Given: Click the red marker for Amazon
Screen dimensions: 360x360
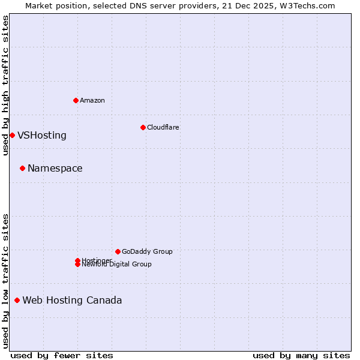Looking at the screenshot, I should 76,100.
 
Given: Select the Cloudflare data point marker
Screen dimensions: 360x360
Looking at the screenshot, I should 143,127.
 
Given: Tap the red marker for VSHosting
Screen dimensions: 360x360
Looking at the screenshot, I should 12,135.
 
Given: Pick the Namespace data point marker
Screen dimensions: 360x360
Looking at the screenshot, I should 22,168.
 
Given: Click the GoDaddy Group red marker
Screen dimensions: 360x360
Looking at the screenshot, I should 118,251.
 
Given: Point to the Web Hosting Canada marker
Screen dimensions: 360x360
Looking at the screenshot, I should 17,300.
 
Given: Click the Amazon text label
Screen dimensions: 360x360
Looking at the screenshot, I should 92,100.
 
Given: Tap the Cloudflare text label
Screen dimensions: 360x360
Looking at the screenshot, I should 163,127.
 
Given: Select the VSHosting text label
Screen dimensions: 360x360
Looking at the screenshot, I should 42,135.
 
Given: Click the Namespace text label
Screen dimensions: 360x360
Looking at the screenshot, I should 55,168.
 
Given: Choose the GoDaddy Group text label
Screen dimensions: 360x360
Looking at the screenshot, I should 147,251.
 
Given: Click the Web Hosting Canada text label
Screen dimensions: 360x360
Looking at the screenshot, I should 72,300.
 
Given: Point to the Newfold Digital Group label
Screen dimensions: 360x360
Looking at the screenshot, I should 116,265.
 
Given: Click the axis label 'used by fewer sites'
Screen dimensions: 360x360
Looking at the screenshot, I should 62,355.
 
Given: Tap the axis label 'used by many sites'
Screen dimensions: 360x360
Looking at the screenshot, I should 301,355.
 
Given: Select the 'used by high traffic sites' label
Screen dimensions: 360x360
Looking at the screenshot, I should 5,85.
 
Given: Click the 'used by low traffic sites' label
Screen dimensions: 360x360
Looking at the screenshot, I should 5,280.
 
